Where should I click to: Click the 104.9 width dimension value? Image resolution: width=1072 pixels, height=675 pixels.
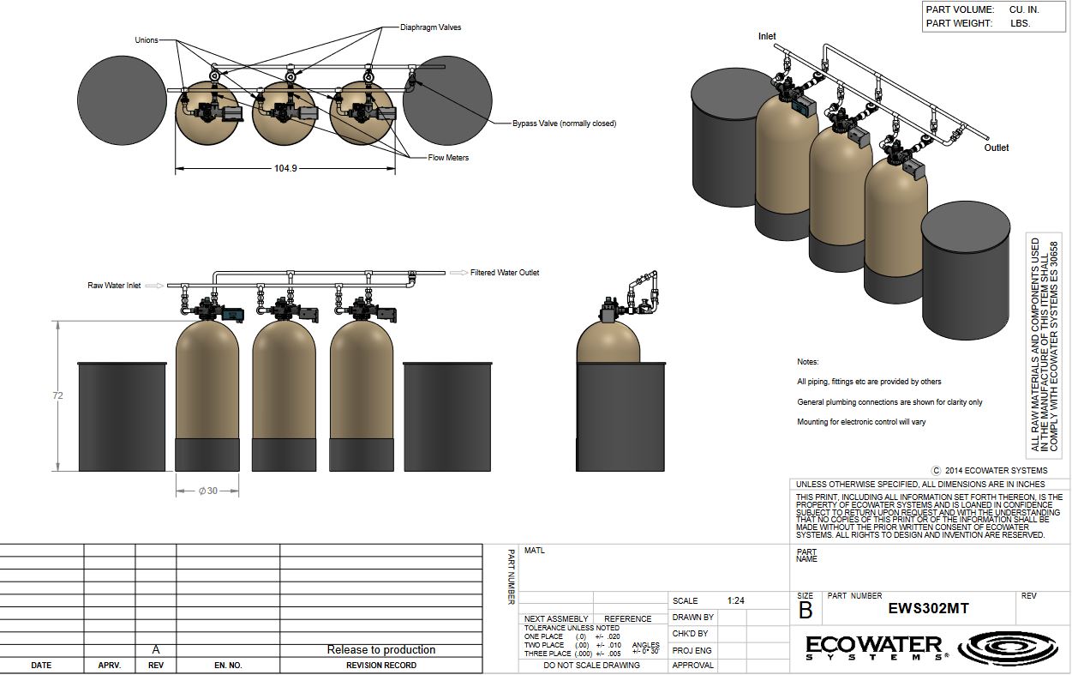click(x=285, y=168)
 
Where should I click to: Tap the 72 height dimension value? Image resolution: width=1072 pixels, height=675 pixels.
click(x=57, y=395)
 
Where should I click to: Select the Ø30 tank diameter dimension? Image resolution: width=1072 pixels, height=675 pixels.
click(x=208, y=491)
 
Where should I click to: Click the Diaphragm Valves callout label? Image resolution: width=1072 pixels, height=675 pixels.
click(x=431, y=27)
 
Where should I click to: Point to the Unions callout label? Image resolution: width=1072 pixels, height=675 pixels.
click(x=147, y=40)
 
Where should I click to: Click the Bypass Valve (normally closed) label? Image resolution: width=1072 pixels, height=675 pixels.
click(x=564, y=124)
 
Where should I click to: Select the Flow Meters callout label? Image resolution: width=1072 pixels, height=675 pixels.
click(x=448, y=158)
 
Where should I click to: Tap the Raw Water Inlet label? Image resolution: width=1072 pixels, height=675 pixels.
click(x=114, y=286)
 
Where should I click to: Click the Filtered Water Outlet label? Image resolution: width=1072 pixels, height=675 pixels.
click(x=505, y=273)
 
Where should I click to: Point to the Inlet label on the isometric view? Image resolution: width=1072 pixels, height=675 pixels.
click(x=767, y=36)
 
